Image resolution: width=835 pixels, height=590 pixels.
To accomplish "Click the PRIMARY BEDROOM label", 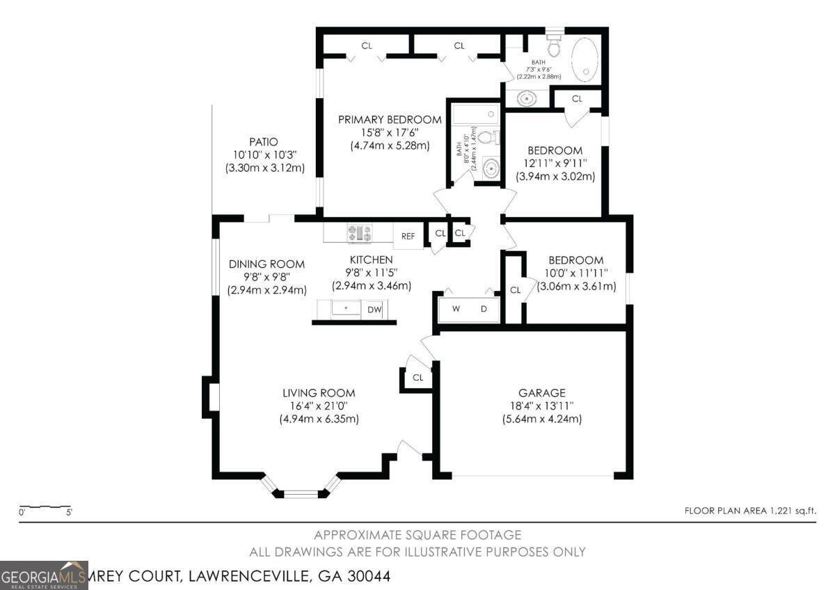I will tap(390, 120).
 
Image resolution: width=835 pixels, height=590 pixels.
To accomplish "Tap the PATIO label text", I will tap(264, 142).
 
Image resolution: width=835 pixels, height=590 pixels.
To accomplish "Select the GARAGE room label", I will tap(541, 393).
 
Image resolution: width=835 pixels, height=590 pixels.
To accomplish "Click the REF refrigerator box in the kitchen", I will tap(408, 236).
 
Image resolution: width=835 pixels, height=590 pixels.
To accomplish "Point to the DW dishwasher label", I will tap(374, 310).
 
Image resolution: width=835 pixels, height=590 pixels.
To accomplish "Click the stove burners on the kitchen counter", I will tap(360, 233).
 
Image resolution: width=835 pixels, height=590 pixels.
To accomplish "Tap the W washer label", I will tap(456, 309).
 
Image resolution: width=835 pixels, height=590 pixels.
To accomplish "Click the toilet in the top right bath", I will tap(555, 46).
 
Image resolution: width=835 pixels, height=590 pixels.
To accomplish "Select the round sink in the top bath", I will tap(528, 99).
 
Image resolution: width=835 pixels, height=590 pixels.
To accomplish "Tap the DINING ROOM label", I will tap(267, 264).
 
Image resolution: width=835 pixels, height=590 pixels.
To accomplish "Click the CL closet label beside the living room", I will tap(417, 378).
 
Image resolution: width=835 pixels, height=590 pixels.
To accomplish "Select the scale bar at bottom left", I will tap(45, 508).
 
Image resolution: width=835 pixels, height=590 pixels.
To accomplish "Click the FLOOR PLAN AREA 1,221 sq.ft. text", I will tap(750, 511).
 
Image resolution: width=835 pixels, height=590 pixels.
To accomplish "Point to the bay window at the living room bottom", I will tap(301, 493).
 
